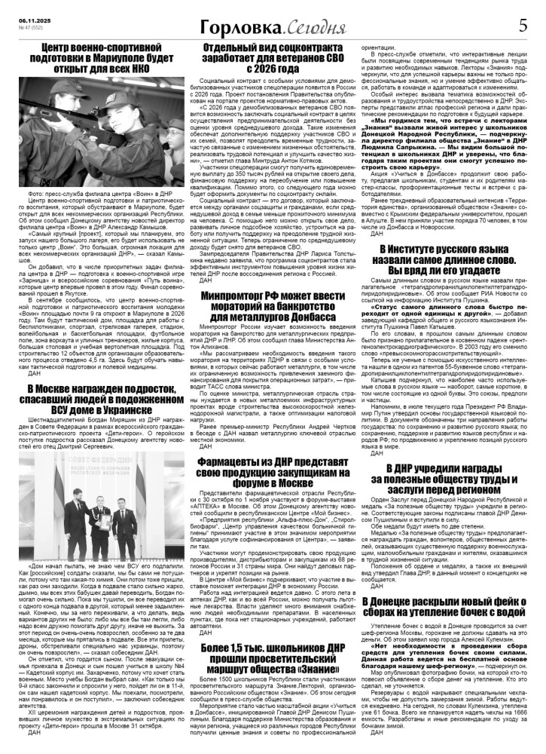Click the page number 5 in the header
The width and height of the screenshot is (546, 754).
523,26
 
